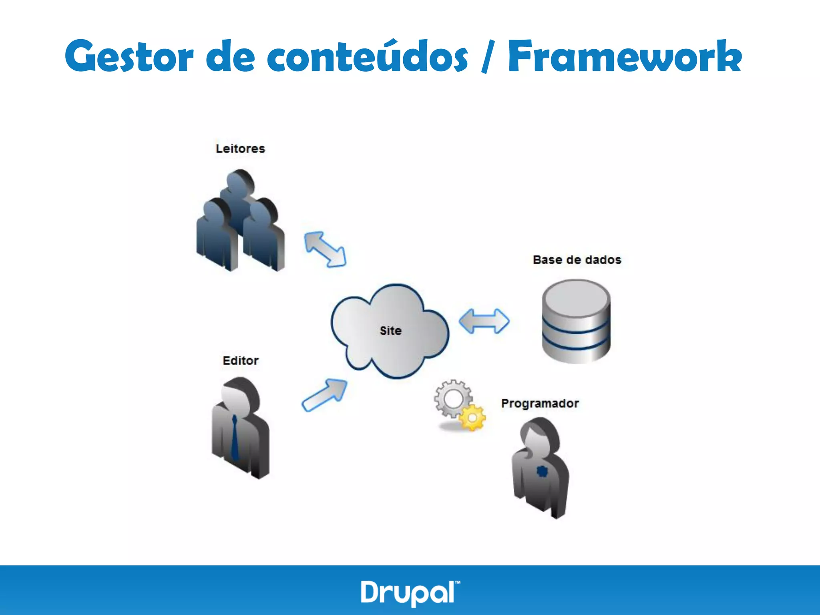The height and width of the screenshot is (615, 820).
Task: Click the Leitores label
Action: point(240,149)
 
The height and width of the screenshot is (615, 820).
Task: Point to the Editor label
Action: point(240,360)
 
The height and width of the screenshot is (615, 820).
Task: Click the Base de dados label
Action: point(577,260)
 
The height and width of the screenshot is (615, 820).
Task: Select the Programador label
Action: point(540,403)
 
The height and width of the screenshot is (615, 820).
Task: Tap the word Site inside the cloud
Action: point(390,331)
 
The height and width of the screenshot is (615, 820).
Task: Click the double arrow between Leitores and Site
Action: point(325,249)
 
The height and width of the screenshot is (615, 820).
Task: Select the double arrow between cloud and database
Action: point(484,321)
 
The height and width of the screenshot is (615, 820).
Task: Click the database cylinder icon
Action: point(576,321)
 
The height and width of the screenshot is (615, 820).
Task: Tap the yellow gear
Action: point(472,418)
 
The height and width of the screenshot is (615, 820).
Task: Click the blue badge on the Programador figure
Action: point(542,472)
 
